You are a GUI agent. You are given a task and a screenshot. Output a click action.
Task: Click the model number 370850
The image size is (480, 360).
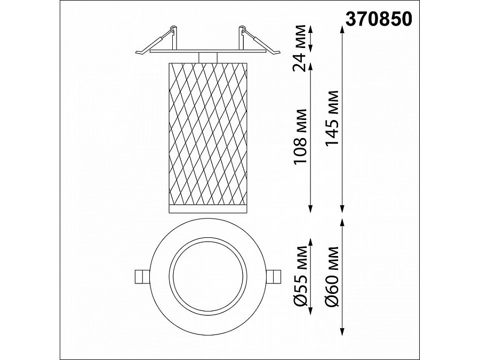[379, 19]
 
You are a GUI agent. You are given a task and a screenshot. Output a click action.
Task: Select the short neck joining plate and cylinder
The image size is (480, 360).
[207, 58]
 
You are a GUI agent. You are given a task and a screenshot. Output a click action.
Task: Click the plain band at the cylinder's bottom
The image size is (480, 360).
[207, 208]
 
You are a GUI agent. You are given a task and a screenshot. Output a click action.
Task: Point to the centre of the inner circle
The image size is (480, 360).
[207, 276]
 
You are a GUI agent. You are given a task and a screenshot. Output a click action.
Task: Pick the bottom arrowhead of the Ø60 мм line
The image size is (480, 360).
[342, 332]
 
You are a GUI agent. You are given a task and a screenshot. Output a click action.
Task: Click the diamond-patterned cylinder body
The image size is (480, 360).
[207, 133]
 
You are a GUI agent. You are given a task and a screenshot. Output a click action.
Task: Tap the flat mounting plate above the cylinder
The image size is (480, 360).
[207, 52]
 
